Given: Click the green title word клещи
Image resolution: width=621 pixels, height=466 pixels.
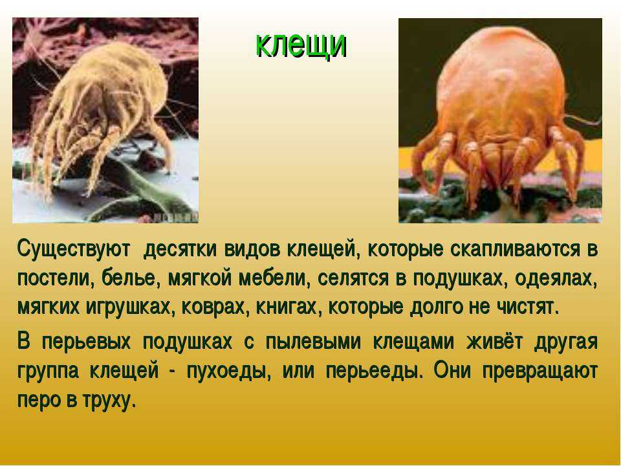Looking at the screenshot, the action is click(301, 45).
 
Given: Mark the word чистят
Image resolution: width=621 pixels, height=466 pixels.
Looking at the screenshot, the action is click(528, 307).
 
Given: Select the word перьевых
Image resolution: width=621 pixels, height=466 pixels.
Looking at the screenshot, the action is click(86, 342).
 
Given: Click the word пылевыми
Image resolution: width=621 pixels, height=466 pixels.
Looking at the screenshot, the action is click(313, 342).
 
